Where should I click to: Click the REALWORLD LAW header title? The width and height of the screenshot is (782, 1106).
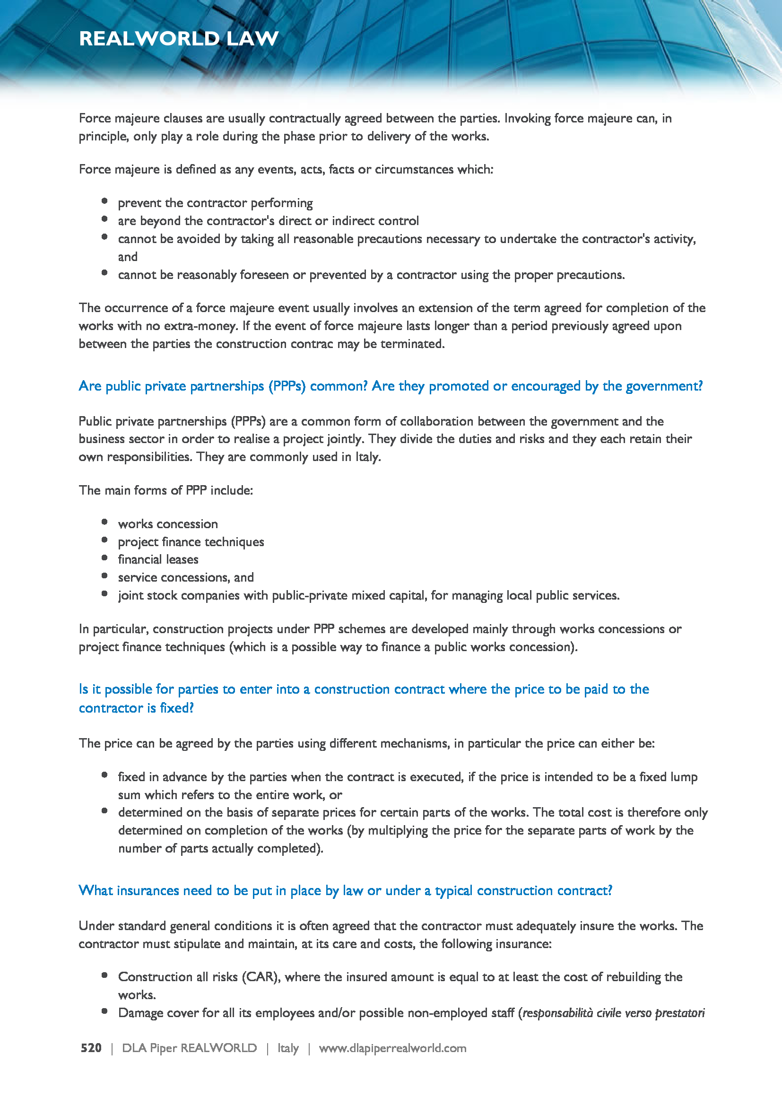[x=179, y=38]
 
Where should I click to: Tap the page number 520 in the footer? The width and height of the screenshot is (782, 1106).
[x=91, y=1048]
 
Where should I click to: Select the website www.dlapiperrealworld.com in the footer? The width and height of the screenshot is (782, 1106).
[x=392, y=1048]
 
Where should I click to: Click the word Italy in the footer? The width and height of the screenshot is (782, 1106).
[x=288, y=1048]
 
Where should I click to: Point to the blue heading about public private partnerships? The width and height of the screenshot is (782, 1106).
[x=391, y=386]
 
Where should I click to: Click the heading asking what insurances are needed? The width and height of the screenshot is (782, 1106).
[x=345, y=890]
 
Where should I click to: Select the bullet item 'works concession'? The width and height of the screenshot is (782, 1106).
[x=167, y=523]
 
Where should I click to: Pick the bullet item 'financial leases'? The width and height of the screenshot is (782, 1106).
[x=158, y=559]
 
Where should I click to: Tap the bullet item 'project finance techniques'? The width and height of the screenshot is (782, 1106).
[x=191, y=542]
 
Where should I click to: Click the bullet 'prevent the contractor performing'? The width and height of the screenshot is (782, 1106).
[x=215, y=203]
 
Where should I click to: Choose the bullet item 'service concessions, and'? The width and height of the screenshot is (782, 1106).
[x=185, y=577]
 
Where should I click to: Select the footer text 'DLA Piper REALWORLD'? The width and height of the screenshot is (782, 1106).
[x=189, y=1048]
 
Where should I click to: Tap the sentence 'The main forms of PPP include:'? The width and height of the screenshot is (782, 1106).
[x=165, y=490]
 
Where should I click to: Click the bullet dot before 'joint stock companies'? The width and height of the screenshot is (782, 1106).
[x=104, y=593]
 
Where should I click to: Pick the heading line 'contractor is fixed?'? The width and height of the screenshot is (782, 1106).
[x=136, y=708]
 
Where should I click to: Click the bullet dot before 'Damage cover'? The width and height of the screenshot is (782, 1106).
[x=104, y=1011]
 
